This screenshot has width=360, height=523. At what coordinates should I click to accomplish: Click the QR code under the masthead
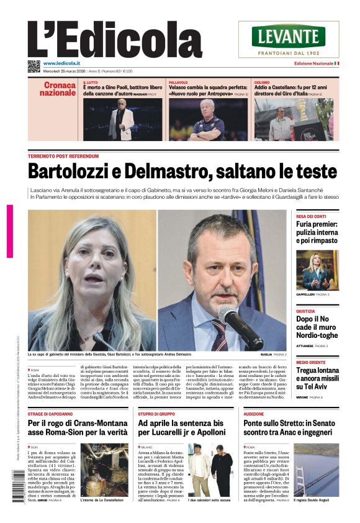tap(34, 65)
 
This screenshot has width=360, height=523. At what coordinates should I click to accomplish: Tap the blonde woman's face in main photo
tap(93, 267)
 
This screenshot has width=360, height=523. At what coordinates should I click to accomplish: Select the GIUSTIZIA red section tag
tap(305, 312)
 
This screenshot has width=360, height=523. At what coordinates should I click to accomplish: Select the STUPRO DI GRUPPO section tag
tap(158, 413)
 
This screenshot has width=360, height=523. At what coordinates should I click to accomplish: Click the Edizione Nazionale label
tap(315, 63)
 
